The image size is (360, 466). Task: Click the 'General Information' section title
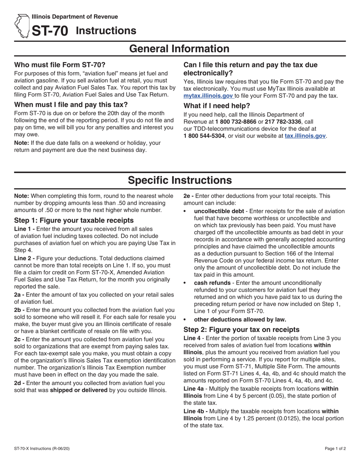180,49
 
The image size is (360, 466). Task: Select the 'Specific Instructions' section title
180,180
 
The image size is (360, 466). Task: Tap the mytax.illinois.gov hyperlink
208,96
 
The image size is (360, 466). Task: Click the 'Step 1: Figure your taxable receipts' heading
74,220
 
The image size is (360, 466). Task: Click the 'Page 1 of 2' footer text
335,449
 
